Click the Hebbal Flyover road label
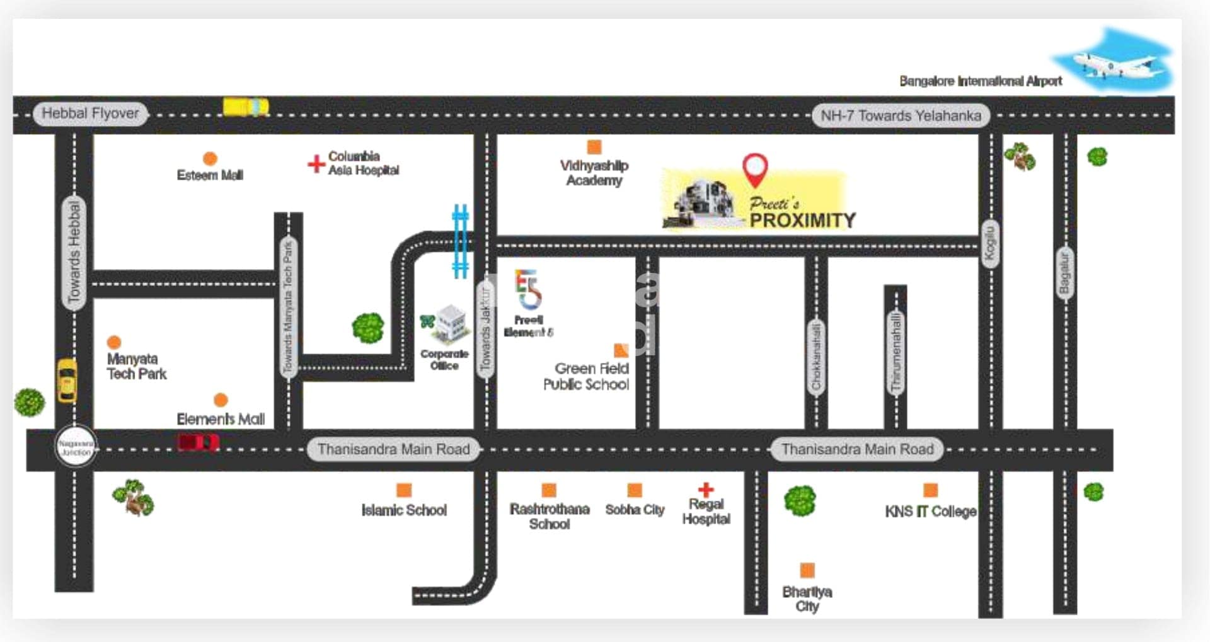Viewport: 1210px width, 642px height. (x=89, y=114)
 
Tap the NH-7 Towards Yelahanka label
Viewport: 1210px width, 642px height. (x=900, y=116)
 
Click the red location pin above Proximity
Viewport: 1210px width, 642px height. (x=754, y=169)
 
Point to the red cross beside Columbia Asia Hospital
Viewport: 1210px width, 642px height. (x=316, y=164)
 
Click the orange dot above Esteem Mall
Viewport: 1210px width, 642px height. (x=210, y=159)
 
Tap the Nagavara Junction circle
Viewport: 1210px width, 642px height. (x=76, y=448)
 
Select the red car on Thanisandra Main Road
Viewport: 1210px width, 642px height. (x=198, y=443)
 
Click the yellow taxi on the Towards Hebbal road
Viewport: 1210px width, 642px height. (x=67, y=380)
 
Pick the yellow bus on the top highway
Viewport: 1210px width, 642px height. (x=246, y=106)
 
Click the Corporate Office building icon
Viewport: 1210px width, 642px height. (x=451, y=323)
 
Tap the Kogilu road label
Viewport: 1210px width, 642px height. (x=990, y=243)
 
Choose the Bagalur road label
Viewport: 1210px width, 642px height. (x=1064, y=273)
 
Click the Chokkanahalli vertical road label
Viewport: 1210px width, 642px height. (x=816, y=357)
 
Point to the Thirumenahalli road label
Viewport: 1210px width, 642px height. (x=896, y=353)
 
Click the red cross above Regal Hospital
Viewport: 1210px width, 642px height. (x=705, y=489)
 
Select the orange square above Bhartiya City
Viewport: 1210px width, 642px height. (x=807, y=570)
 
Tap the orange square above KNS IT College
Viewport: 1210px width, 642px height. (x=930, y=490)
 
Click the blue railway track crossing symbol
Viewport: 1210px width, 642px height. (x=461, y=241)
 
